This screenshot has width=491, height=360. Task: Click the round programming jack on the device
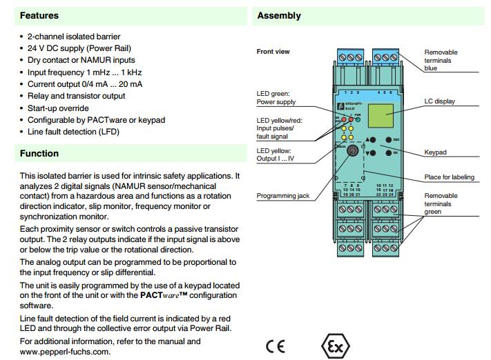coord(353,150)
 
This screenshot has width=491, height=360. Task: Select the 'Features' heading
coord(39,16)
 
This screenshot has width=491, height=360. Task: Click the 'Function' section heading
coord(39,154)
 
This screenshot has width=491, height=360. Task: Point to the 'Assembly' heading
coord(279,16)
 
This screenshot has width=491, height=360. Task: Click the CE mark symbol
coord(275,345)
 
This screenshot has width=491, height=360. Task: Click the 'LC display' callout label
coord(439,101)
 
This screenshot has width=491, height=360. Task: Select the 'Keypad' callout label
coord(436,152)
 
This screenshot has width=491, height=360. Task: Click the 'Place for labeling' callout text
coord(449,177)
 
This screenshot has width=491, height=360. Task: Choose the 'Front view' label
coord(273,52)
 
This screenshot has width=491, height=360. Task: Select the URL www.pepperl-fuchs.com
coord(65,351)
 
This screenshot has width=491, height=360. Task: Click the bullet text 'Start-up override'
coord(58,108)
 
